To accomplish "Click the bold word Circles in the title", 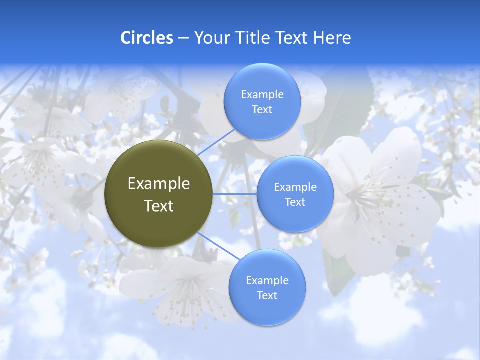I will point(146,38).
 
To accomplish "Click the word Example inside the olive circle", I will point(159,183).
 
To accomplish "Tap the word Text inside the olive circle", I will point(159,206).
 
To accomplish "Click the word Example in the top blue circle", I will point(262,94).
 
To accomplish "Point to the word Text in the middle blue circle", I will point(295,202).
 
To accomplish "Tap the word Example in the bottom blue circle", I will point(267,280).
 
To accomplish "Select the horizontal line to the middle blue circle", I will point(235,194).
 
